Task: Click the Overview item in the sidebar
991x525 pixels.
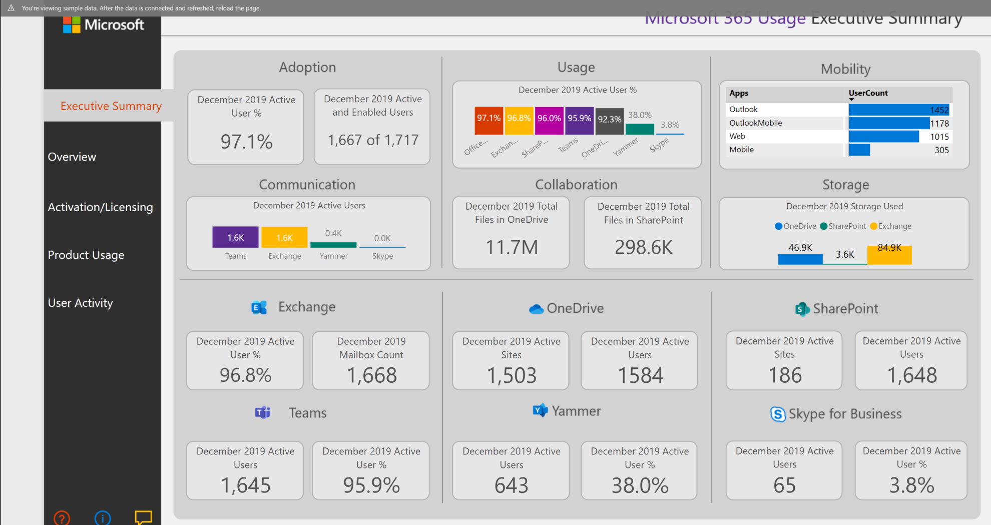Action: point(72,157)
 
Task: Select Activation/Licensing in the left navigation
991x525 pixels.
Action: point(100,207)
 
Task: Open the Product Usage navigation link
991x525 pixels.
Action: point(86,255)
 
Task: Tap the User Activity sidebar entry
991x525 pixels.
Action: point(80,303)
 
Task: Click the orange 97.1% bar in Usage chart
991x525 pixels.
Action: point(488,121)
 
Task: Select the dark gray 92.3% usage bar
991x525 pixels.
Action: point(609,121)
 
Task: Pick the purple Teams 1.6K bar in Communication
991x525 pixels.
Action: point(235,237)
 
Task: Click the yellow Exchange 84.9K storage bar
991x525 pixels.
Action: point(889,254)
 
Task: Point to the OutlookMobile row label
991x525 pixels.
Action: point(755,123)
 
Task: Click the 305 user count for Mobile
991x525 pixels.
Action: point(941,150)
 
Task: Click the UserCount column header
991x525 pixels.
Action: point(868,93)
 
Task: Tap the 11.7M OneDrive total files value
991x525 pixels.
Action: point(512,247)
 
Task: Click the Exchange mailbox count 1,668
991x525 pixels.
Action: point(371,375)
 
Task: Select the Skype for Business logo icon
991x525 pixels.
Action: point(778,414)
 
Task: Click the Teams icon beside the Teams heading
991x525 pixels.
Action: point(262,413)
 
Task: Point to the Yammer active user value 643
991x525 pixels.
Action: point(511,485)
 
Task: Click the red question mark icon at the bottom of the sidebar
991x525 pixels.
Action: point(62,518)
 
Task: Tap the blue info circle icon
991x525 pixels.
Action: point(103,518)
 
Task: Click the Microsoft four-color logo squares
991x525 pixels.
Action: point(72,25)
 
